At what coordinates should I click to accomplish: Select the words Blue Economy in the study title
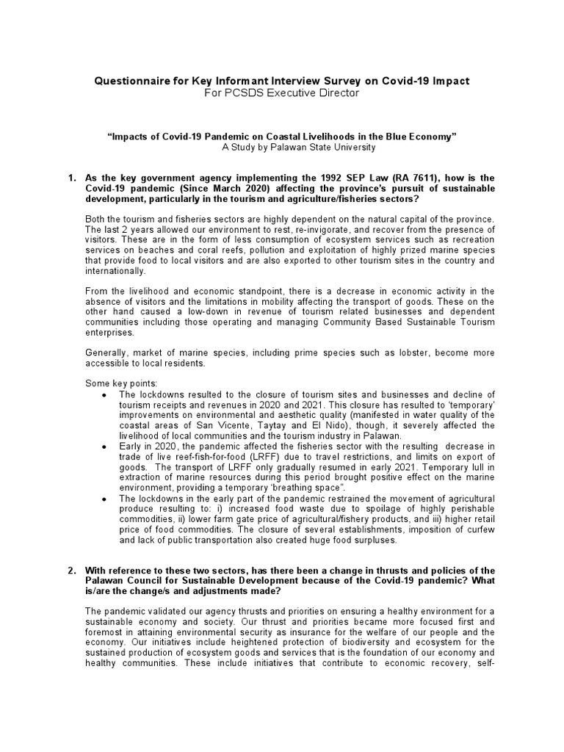pos(420,137)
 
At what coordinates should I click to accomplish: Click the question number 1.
pos(72,178)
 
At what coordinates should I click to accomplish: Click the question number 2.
pos(72,571)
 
